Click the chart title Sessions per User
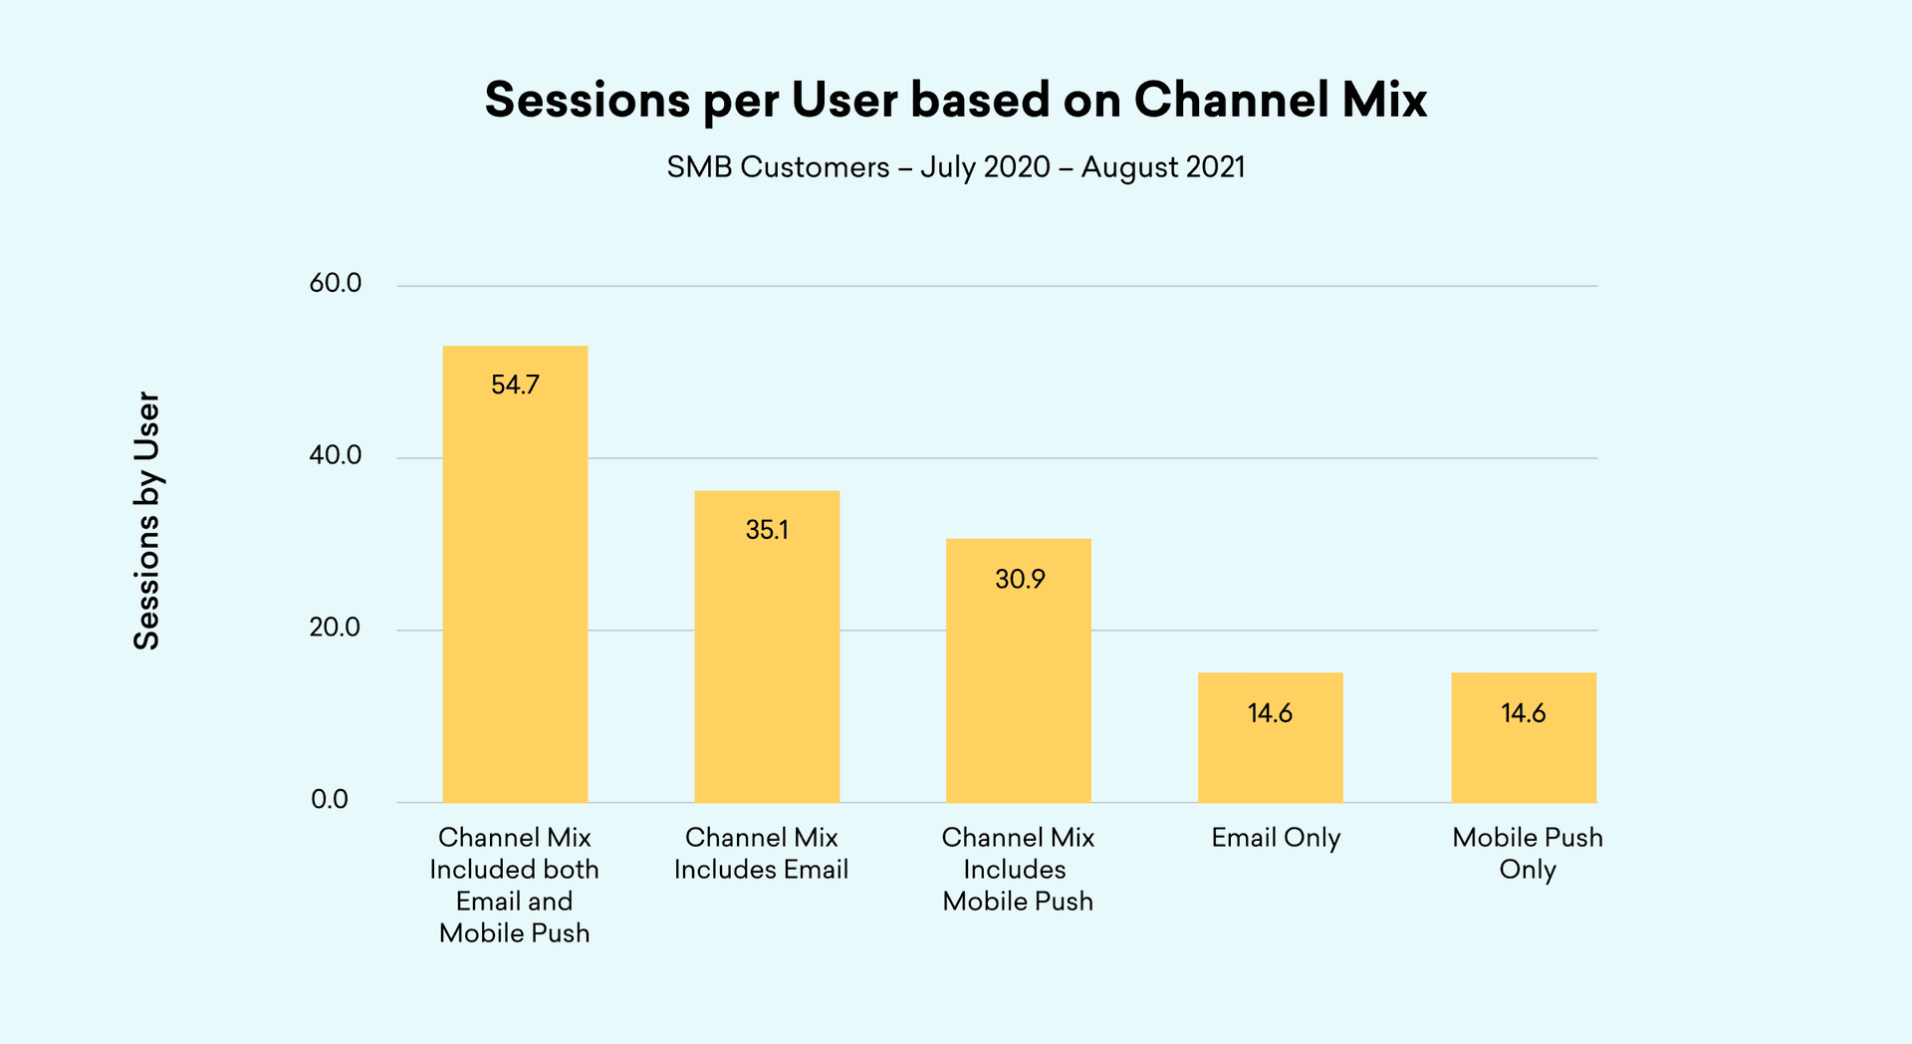coord(955,101)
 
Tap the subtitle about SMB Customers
coord(955,166)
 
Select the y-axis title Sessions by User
coord(146,520)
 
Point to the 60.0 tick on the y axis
coord(336,284)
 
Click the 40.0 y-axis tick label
coord(336,456)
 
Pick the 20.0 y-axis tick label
coord(336,628)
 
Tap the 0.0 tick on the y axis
coord(330,800)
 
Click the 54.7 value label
coord(515,385)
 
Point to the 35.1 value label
coord(767,530)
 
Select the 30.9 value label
coord(1020,579)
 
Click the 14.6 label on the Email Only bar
coord(1270,713)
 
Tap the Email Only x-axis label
coord(1276,838)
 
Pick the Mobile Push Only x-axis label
coord(1527,853)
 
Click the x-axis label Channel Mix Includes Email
coord(761,853)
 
